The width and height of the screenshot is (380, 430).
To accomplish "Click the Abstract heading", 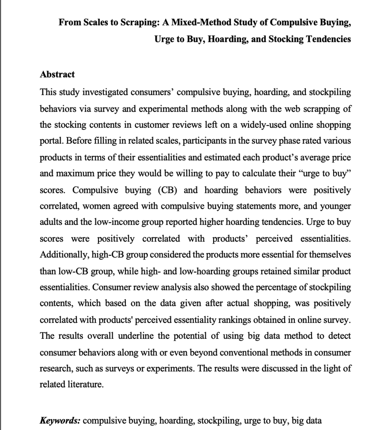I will coord(57,74).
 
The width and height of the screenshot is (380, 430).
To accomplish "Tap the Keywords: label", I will coord(60,421).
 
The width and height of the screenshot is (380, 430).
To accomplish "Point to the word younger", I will coord(335,206).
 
